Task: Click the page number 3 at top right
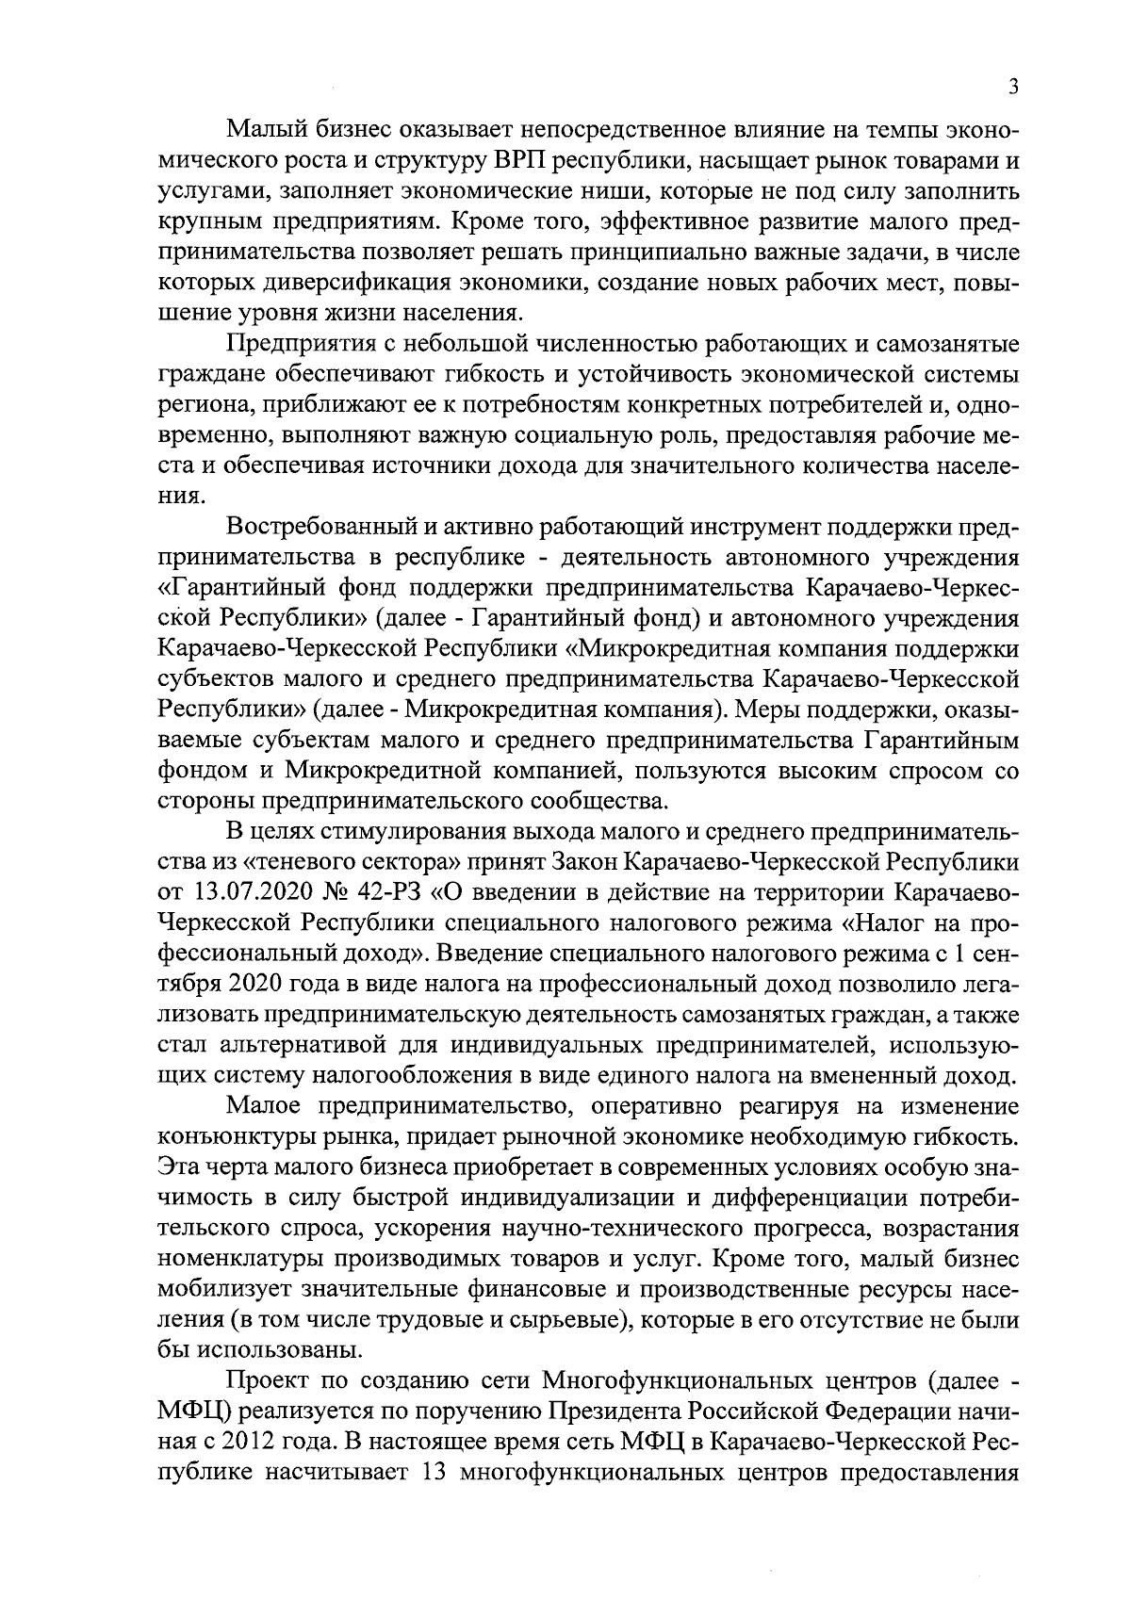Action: [1013, 87]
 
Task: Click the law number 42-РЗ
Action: [390, 891]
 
